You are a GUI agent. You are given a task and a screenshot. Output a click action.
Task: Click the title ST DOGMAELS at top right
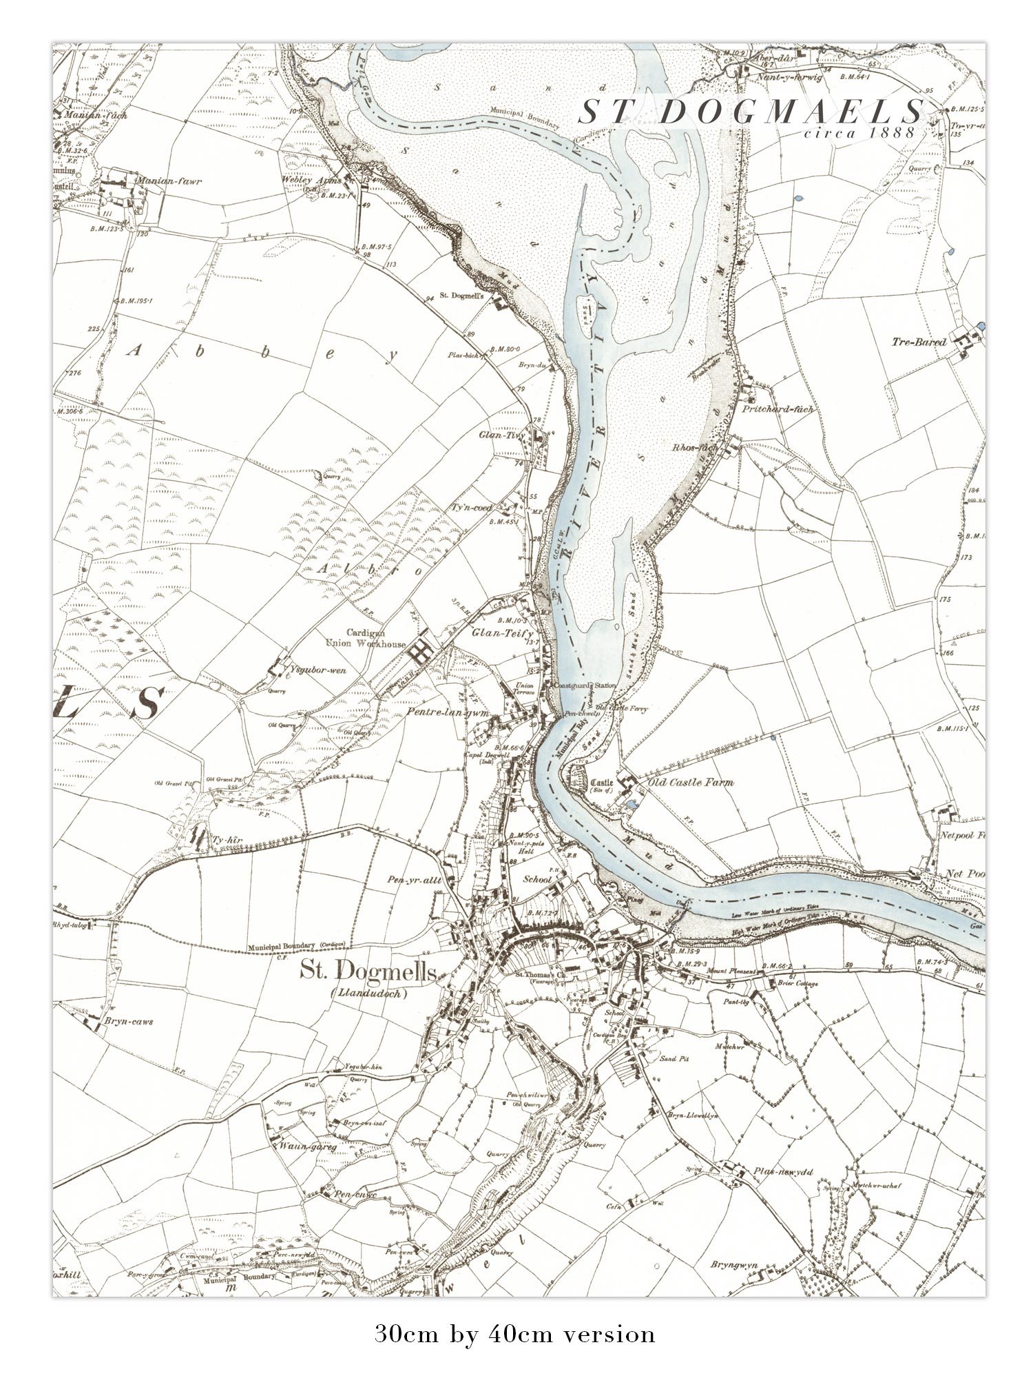(x=751, y=112)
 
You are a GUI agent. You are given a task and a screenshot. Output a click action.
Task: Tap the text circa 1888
(x=860, y=132)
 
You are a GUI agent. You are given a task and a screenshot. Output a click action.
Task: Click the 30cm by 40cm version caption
(x=515, y=1334)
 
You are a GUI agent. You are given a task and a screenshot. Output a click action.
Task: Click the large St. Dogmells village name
(x=368, y=972)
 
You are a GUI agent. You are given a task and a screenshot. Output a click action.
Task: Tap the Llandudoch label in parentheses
(x=369, y=994)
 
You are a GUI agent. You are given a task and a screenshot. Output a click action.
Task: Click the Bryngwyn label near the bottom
(x=735, y=1265)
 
